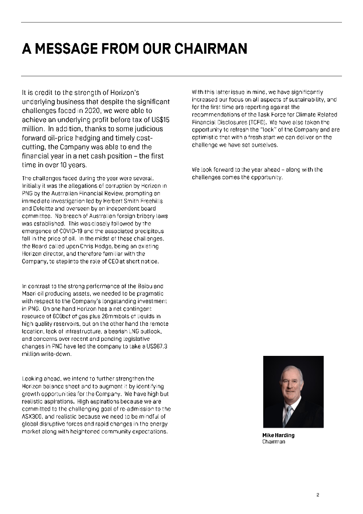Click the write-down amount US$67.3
[x=156, y=346]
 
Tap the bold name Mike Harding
[x=278, y=435]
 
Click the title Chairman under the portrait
[x=273, y=442]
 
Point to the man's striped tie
[x=289, y=415]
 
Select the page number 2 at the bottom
[x=318, y=495]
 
